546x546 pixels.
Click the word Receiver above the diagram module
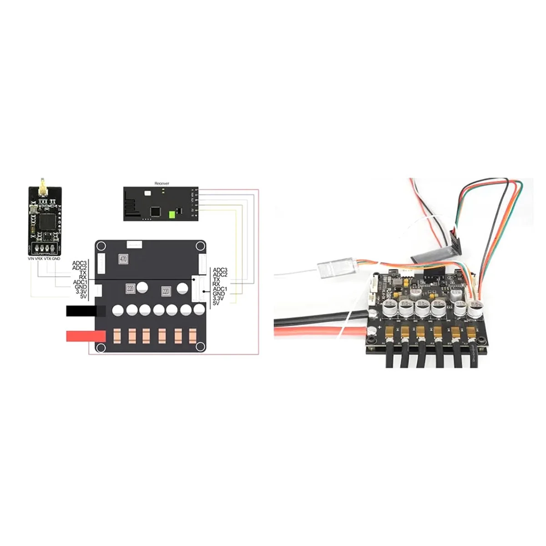click(162, 183)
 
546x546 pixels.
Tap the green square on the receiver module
click(172, 215)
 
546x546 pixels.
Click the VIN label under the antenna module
click(31, 258)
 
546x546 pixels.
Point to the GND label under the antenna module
click(56, 258)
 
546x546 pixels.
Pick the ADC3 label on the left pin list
click(80, 263)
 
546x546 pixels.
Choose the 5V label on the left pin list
click(83, 297)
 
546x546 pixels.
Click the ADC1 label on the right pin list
click(220, 289)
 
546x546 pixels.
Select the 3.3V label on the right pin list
click(219, 298)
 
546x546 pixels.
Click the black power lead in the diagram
click(82, 311)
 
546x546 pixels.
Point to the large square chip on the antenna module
click(45, 221)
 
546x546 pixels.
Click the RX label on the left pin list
click(82, 277)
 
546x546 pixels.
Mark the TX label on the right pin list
click(217, 279)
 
